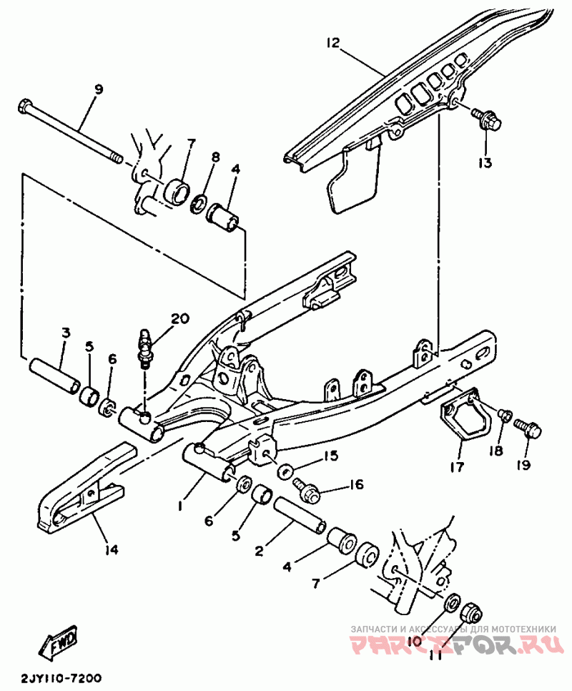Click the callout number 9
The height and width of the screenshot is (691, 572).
[99, 89]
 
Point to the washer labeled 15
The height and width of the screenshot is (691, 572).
[284, 472]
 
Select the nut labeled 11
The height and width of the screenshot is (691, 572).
[470, 612]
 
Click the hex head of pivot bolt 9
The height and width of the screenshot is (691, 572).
[26, 107]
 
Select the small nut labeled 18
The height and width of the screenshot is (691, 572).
[503, 415]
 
